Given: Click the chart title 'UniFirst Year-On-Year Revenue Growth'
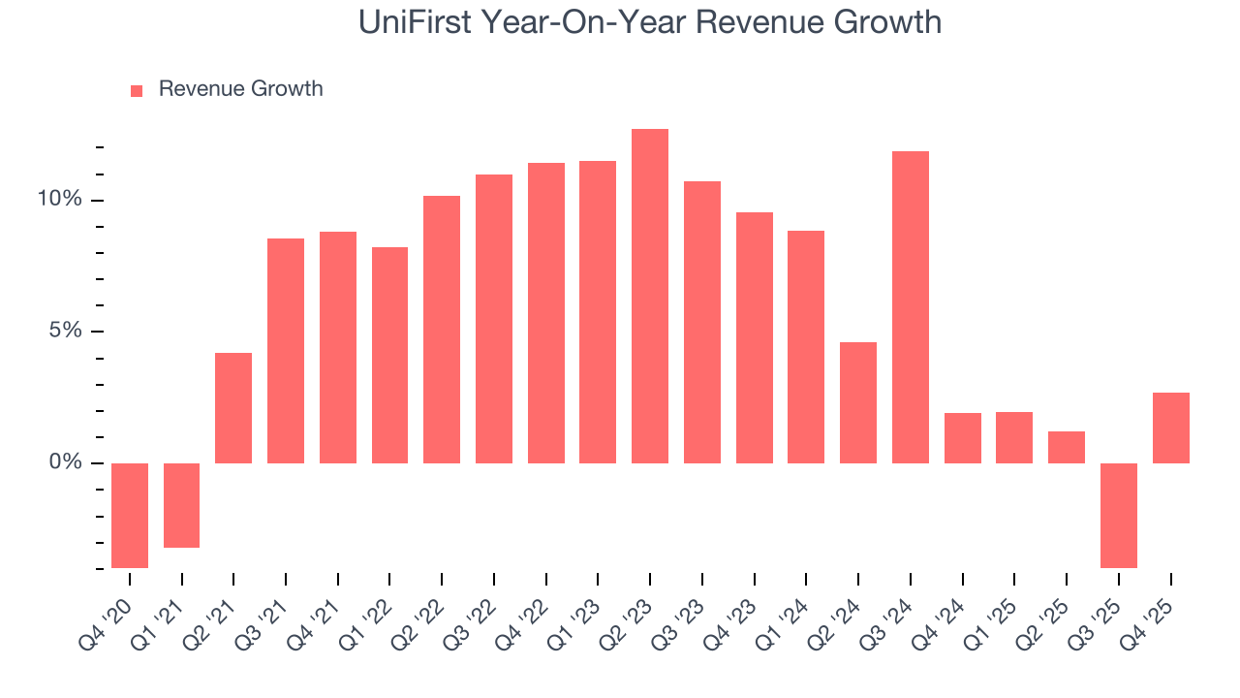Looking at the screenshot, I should [x=649, y=21].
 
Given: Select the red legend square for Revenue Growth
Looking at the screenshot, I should [x=137, y=90].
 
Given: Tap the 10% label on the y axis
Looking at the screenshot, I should [x=59, y=200].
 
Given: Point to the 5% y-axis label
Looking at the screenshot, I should [x=65, y=331].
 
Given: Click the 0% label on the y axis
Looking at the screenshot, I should [x=65, y=462].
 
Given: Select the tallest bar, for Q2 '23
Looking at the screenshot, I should [x=649, y=296].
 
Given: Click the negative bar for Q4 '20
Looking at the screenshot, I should [x=130, y=515].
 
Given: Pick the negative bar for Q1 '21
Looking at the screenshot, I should [x=181, y=505].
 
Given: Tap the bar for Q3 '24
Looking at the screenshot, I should [x=910, y=306].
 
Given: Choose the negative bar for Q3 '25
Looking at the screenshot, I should [x=1118, y=515].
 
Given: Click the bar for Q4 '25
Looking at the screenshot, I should [x=1170, y=428].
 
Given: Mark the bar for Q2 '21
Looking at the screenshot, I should [x=233, y=407].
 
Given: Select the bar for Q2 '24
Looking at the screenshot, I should [x=857, y=402].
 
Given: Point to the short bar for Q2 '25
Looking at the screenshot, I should [x=1066, y=447].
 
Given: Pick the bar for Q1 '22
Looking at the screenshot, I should [x=389, y=355].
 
